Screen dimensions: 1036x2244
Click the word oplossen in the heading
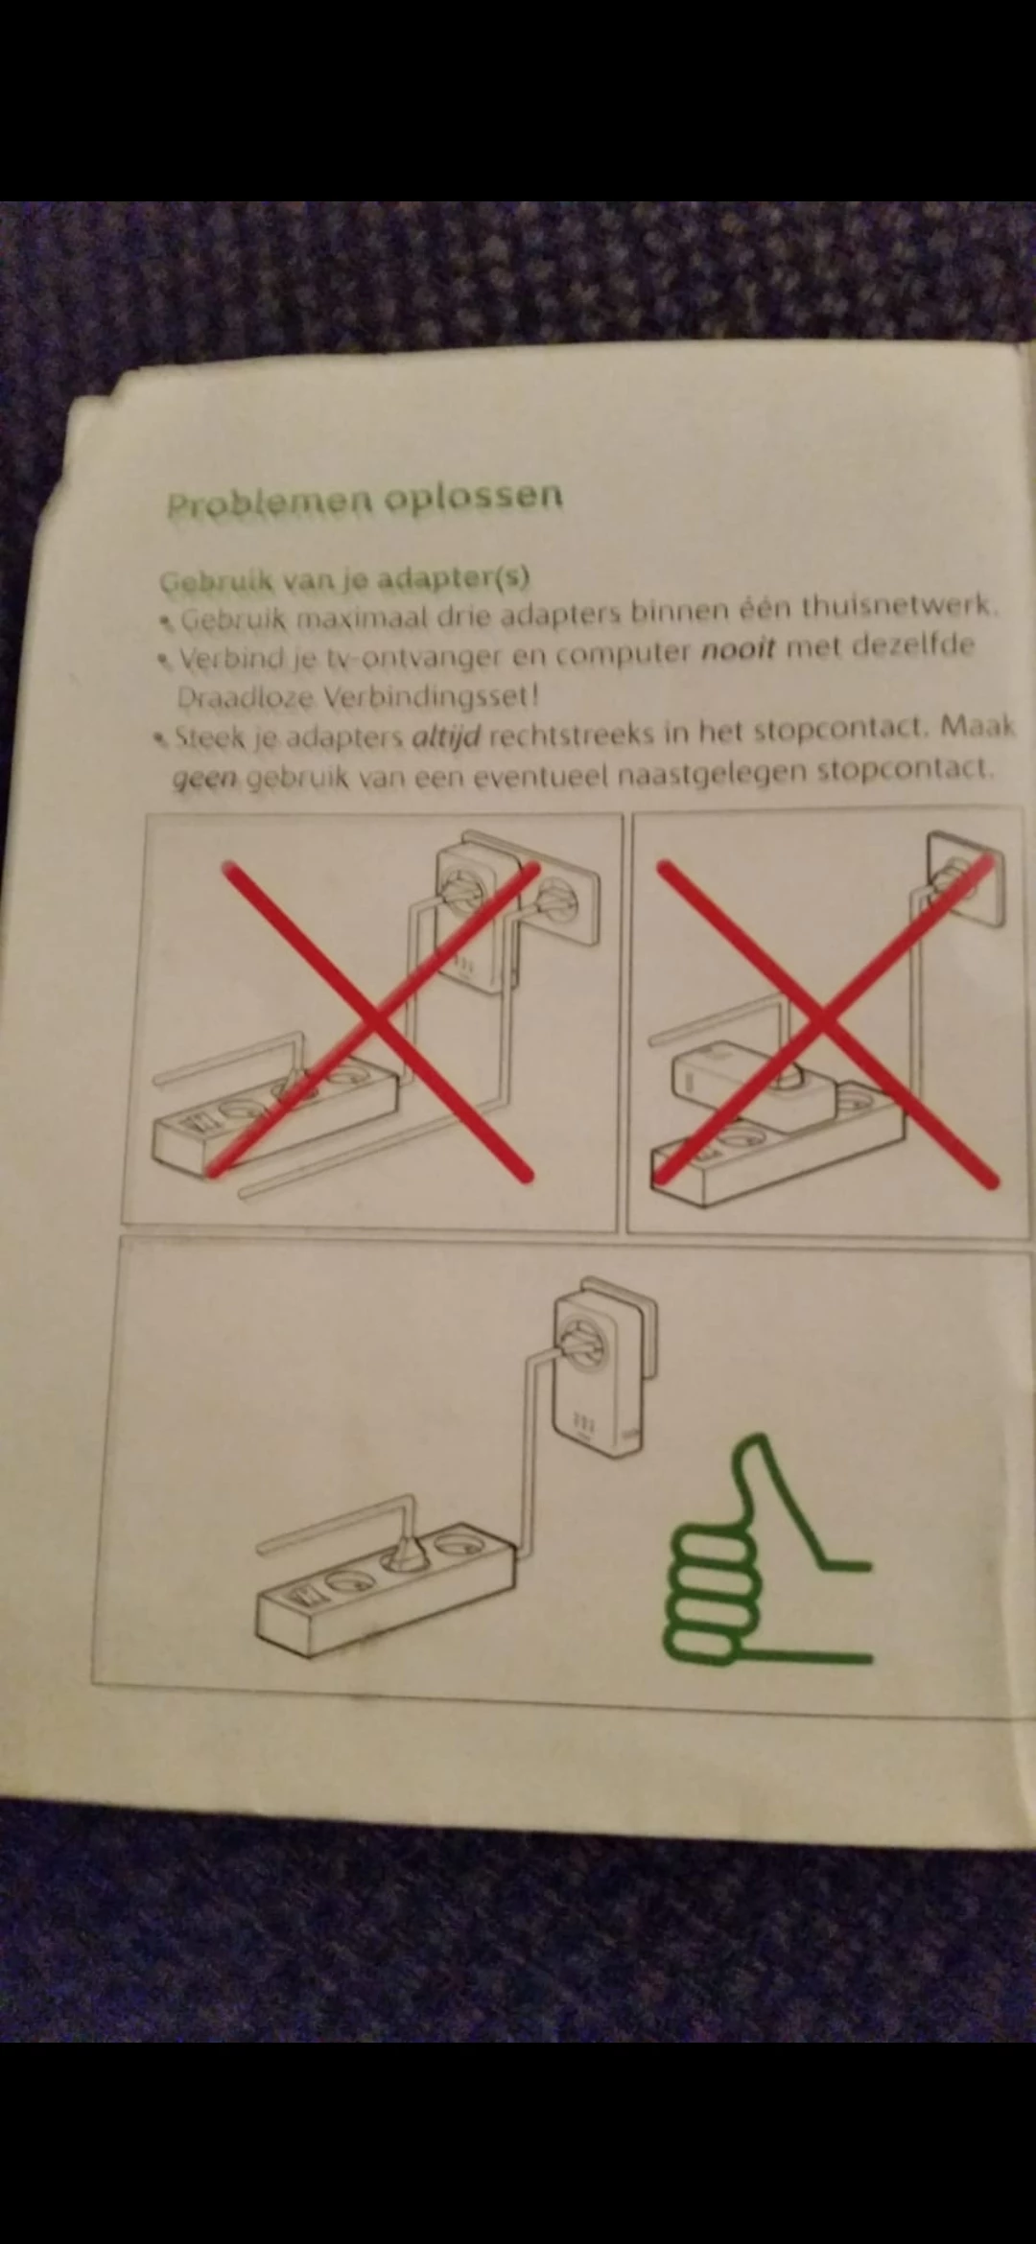[473, 497]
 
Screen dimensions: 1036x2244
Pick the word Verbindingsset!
[431, 695]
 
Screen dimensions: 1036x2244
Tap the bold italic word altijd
[445, 738]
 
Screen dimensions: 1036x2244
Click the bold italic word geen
[204, 779]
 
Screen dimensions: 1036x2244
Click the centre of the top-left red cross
[376, 1019]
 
